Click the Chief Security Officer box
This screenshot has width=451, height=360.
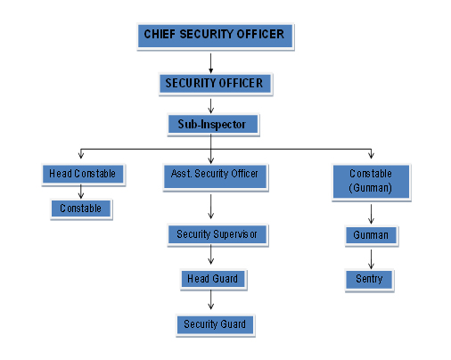[216, 37]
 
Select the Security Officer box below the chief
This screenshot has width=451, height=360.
[216, 84]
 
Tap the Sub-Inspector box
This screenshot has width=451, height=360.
[213, 125]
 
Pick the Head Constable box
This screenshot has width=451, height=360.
[83, 175]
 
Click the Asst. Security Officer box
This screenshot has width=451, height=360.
[216, 177]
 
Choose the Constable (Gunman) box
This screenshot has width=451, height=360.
[371, 182]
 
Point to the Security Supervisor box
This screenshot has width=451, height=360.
[217, 235]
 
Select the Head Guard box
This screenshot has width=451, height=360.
[213, 280]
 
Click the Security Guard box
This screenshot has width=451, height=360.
[215, 325]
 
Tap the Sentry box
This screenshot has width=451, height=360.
[369, 280]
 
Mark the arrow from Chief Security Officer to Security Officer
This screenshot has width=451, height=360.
[210, 63]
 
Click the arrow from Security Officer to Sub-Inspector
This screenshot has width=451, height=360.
[210, 106]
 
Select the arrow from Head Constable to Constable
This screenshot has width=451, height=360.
[81, 192]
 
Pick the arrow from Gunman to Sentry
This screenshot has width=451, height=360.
[371, 259]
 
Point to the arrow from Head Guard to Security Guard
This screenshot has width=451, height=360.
[210, 299]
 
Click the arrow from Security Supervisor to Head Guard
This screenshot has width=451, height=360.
[210, 255]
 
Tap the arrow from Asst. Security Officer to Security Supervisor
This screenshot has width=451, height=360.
[210, 207]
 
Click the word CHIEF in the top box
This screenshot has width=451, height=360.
[160, 34]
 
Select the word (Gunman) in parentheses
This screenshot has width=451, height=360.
[370, 188]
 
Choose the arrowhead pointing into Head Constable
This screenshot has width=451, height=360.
[81, 155]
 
